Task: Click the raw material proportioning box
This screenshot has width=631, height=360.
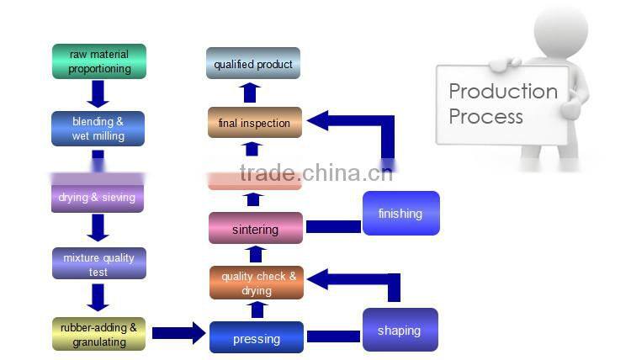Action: coord(98,61)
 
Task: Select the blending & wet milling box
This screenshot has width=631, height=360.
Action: coord(98,129)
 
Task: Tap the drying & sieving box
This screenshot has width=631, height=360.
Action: coord(97,198)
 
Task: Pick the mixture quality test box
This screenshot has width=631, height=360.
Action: coord(98,262)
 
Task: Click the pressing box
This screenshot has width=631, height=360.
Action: coord(256,338)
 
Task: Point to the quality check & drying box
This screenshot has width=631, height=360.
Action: coord(256,283)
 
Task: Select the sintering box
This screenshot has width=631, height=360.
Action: coord(255,229)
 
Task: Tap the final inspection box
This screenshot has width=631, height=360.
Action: coord(254,123)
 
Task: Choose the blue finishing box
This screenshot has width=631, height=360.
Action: coord(400,213)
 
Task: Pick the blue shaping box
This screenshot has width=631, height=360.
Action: coord(400,330)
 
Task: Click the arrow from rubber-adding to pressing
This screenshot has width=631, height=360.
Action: coord(177,333)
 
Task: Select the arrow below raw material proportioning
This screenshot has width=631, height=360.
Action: coord(98,93)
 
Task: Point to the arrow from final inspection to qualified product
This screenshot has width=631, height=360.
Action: coord(250,93)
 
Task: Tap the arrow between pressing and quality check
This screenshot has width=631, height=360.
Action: coord(257,310)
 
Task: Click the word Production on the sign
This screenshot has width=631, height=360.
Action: coord(502,91)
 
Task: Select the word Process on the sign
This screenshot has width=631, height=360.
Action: coord(485,116)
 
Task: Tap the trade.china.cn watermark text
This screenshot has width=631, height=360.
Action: coord(315,174)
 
